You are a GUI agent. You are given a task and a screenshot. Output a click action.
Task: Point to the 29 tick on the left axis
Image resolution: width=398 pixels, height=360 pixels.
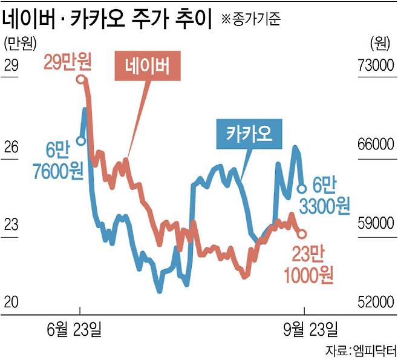point(11,66)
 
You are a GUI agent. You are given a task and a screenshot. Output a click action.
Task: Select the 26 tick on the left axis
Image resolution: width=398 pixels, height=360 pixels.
point(11,146)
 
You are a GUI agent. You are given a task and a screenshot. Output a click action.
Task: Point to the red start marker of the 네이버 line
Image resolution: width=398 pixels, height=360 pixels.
point(81,79)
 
